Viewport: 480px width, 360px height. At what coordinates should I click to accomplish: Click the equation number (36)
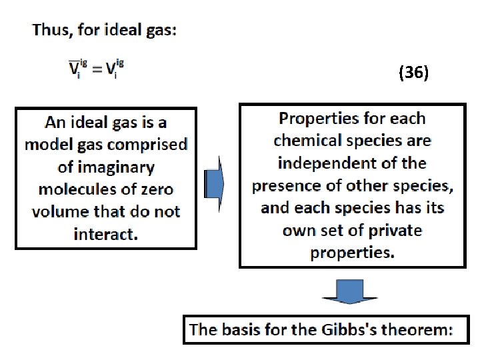tap(413, 73)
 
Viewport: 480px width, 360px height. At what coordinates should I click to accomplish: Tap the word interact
tap(105, 235)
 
